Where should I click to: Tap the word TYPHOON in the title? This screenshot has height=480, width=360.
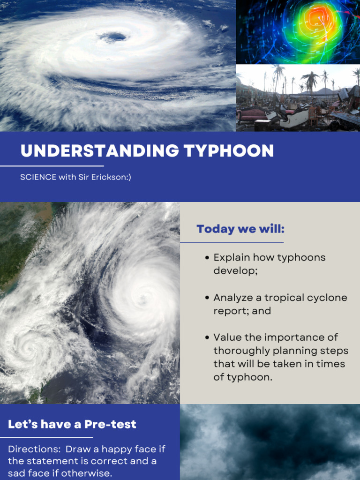[229, 151]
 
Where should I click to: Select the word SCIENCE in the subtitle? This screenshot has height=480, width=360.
[38, 178]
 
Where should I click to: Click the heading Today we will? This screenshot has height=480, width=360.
[240, 229]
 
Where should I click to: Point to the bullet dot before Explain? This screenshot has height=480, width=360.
[207, 258]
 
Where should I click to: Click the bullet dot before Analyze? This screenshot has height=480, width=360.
[207, 298]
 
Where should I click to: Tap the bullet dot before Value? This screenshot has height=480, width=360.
[207, 338]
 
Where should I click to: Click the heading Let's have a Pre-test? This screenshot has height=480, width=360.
[72, 424]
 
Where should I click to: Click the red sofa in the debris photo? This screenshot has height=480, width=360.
[252, 114]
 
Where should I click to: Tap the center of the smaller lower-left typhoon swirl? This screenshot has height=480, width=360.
[32, 347]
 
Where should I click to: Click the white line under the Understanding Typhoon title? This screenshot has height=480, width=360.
[52, 165]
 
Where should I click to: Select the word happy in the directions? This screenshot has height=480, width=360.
[108, 449]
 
